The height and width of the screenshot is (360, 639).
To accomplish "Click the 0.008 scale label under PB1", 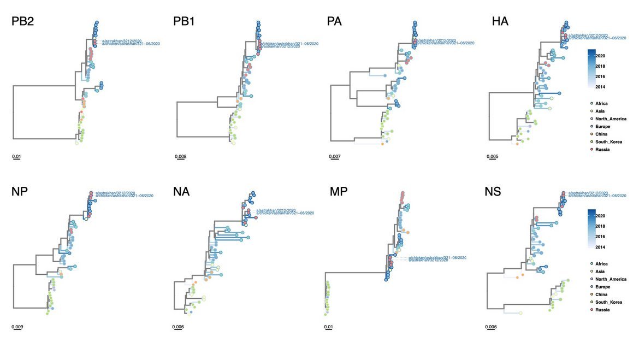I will (x=180, y=157).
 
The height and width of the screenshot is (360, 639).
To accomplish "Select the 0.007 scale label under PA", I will (x=335, y=157).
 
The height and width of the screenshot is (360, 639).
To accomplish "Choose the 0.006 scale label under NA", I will (x=178, y=327).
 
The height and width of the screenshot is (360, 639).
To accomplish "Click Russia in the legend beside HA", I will (x=602, y=149).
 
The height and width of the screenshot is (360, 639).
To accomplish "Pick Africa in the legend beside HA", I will (x=602, y=103).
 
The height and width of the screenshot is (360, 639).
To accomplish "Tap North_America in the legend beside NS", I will (x=611, y=279).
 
